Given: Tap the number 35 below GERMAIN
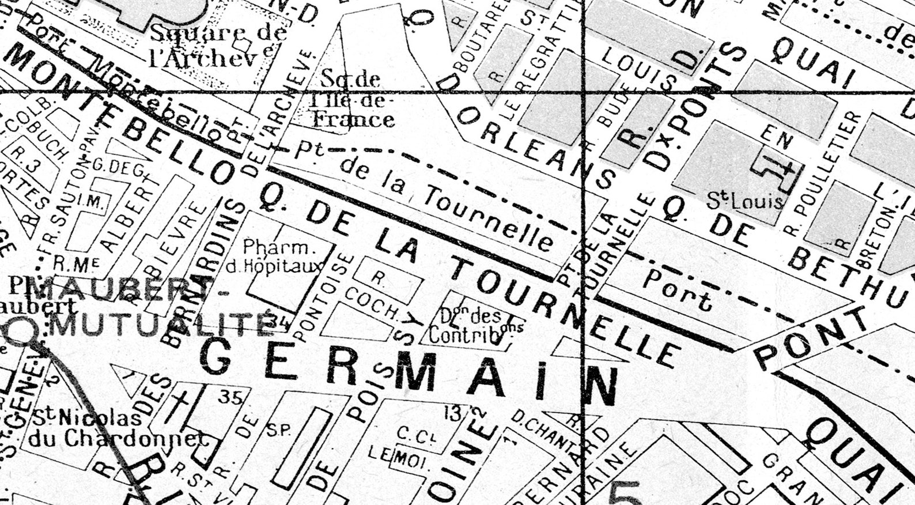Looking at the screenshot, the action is coord(229,396).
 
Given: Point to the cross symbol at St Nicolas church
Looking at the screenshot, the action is coord(176,407).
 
